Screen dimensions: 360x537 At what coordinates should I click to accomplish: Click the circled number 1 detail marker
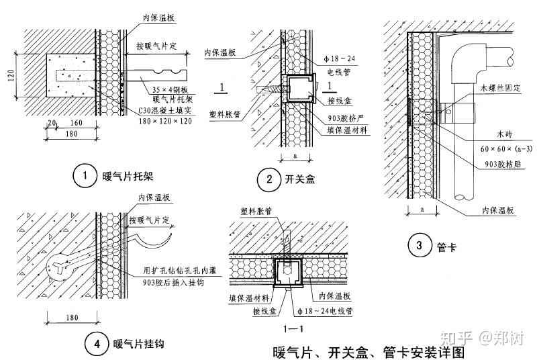(85, 177)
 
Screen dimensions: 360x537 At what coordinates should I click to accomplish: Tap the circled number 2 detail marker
(269, 179)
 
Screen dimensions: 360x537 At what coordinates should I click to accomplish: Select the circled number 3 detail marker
(420, 246)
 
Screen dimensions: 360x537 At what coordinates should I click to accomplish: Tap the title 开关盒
(299, 179)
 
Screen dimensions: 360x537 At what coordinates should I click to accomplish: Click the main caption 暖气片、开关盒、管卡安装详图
(368, 351)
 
